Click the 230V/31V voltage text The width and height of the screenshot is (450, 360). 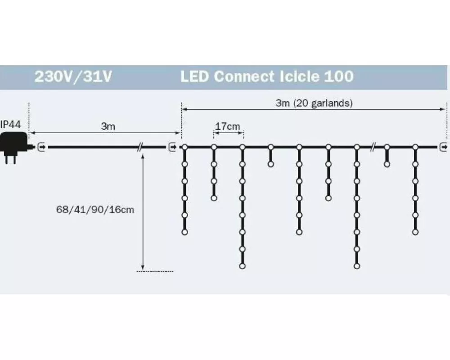point(73,76)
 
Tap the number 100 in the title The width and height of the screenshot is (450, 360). point(339,76)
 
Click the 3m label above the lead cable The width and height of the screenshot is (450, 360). point(108,126)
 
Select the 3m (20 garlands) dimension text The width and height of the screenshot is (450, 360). point(314,103)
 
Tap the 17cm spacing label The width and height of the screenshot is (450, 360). point(228,126)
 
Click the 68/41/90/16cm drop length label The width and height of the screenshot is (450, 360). point(95,209)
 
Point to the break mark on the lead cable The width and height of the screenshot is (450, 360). point(140,147)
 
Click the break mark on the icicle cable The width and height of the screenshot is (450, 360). point(373,147)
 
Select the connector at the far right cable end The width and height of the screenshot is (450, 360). point(443,147)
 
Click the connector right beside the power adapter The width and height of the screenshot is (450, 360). point(42,147)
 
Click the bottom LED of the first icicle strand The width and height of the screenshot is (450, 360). point(184,232)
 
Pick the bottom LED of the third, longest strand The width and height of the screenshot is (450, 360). point(242,266)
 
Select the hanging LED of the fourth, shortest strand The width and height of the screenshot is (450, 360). point(270,164)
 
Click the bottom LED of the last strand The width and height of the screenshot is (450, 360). point(415,232)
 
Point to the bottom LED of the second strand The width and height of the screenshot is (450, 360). point(214,198)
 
